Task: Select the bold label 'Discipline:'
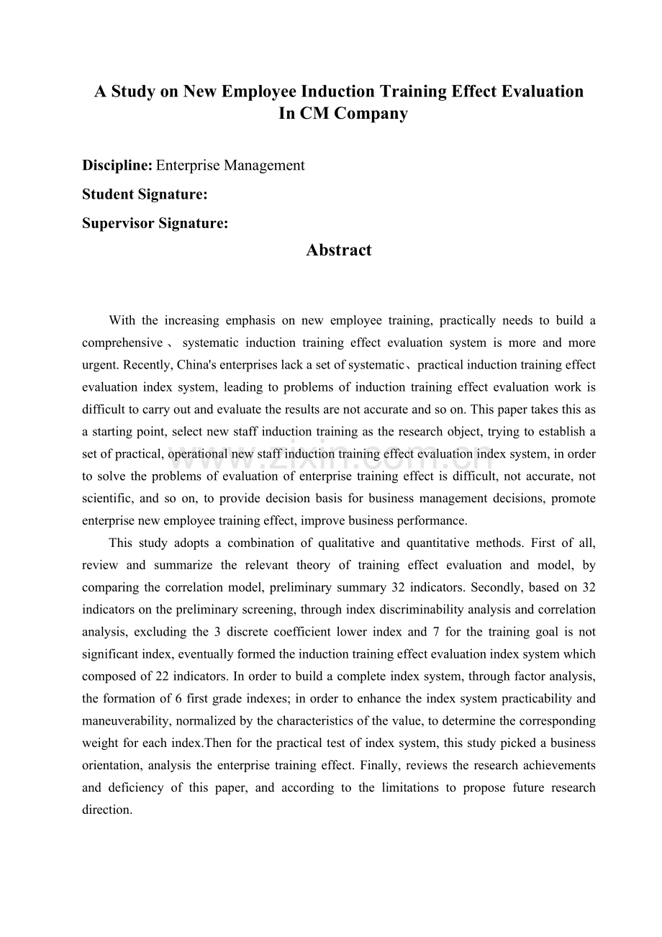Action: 117,166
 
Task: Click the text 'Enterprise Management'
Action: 230,166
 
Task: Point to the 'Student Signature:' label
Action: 145,194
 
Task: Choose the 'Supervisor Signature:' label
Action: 155,223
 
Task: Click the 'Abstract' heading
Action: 338,250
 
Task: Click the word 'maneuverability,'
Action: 122,721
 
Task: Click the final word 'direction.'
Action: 107,810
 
